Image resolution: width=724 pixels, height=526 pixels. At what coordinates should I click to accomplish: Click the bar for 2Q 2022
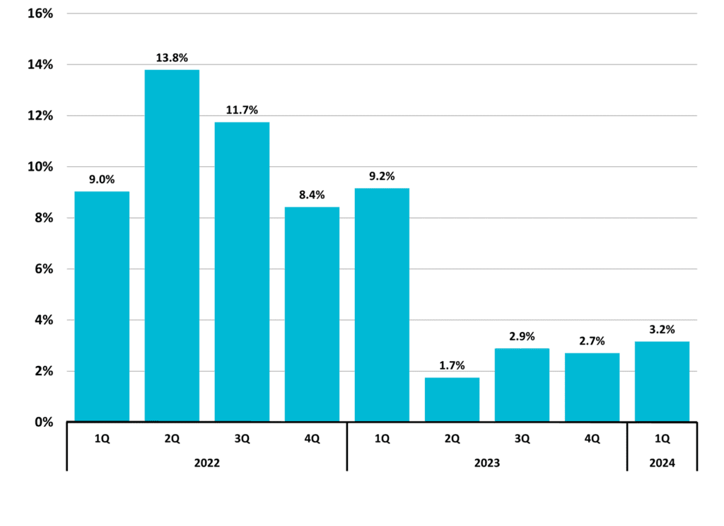pyautogui.click(x=172, y=246)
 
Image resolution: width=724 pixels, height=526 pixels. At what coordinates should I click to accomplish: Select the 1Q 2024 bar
pyautogui.click(x=662, y=382)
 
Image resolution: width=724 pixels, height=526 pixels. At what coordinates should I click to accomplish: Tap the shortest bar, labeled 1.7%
pyautogui.click(x=452, y=399)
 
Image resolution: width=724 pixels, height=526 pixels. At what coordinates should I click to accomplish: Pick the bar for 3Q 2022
pyautogui.click(x=242, y=272)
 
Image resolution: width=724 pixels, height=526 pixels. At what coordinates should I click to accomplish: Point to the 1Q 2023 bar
pyautogui.click(x=382, y=304)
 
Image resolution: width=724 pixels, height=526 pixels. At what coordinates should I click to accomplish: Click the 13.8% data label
pyautogui.click(x=172, y=58)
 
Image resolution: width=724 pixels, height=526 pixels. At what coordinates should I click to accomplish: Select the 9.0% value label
pyautogui.click(x=102, y=179)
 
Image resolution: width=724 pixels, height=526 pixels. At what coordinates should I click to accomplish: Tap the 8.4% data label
pyautogui.click(x=312, y=195)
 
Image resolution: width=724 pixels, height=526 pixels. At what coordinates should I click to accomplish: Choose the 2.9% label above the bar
pyautogui.click(x=522, y=336)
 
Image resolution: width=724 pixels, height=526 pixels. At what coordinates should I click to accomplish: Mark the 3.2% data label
pyautogui.click(x=662, y=330)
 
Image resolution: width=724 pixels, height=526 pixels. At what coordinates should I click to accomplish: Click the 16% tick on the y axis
pyautogui.click(x=40, y=13)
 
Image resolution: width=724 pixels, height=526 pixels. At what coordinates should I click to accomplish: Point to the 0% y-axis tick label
pyautogui.click(x=44, y=422)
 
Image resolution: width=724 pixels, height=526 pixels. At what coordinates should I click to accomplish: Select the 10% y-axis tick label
pyautogui.click(x=40, y=167)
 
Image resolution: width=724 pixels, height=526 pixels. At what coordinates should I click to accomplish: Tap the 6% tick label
pyautogui.click(x=44, y=269)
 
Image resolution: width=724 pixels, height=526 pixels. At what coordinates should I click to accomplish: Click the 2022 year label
pyautogui.click(x=207, y=463)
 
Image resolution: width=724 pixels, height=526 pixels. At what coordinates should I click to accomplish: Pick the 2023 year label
pyautogui.click(x=487, y=463)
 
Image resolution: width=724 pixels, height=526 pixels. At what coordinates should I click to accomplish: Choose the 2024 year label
pyautogui.click(x=662, y=463)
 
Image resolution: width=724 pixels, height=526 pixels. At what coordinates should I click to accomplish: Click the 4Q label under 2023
pyautogui.click(x=592, y=439)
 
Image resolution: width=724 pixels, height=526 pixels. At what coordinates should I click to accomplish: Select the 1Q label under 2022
pyautogui.click(x=102, y=439)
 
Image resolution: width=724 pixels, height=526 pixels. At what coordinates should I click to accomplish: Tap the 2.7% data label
pyautogui.click(x=592, y=341)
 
